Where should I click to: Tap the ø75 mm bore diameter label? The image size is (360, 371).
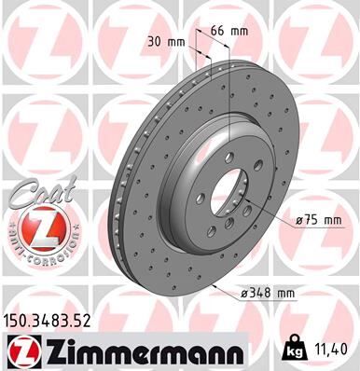[x=319, y=219]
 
